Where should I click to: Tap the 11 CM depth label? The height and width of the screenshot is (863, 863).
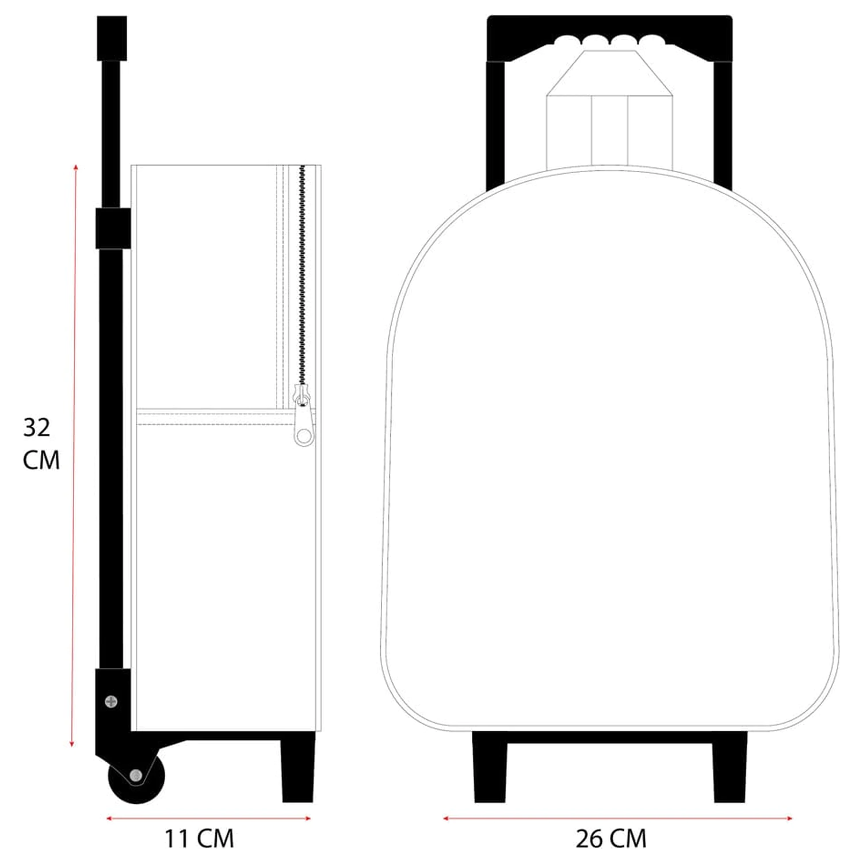(199, 839)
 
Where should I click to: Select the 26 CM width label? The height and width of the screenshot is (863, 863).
(611, 839)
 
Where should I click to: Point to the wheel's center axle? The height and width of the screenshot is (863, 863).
(136, 776)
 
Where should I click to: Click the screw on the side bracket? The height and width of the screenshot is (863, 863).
(111, 701)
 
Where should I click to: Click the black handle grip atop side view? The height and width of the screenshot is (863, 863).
(112, 38)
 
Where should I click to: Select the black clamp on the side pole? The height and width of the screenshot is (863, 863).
(113, 228)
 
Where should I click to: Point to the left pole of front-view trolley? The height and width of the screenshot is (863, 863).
(495, 124)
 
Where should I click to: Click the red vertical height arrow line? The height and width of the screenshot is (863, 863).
(74, 455)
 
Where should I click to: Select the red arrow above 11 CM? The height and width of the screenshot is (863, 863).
(208, 818)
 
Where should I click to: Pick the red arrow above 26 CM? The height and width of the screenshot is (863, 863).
(617, 818)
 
